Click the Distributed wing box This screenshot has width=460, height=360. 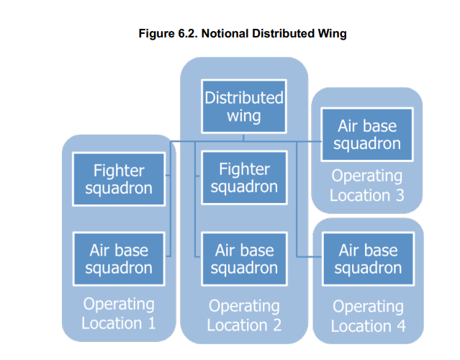244,107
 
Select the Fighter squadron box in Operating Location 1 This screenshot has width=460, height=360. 119,179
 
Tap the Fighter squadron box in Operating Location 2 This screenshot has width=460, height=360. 244,178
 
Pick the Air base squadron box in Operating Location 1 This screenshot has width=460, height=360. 119,258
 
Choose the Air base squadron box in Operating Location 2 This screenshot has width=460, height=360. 244,258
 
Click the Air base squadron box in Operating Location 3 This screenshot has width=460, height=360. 367,135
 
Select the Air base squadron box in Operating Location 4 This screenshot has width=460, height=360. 368,258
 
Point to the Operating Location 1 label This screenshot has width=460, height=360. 119,313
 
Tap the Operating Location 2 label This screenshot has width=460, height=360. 244,315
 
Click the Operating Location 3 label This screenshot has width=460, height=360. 367,186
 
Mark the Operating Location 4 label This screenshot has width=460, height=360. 368,316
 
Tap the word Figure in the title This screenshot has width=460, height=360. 157,35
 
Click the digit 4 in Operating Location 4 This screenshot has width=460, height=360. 401,326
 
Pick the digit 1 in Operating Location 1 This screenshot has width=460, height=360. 152,323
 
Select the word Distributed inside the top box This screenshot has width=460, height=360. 244,97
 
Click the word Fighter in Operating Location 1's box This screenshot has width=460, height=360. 119,171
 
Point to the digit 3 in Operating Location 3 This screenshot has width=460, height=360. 400,195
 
